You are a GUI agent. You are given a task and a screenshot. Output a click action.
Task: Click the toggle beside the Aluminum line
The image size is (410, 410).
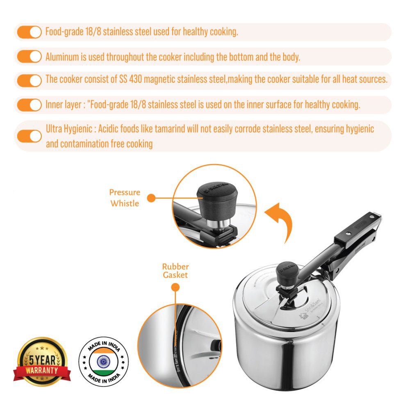[x=29, y=56]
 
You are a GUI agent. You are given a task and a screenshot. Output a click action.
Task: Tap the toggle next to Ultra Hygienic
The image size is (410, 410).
[x=29, y=136]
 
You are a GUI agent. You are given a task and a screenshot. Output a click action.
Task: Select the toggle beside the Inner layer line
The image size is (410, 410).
[x=29, y=105]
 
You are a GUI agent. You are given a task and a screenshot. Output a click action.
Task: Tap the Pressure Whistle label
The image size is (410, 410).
[x=125, y=198]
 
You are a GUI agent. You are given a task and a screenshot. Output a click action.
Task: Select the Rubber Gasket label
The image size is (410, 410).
[x=175, y=271]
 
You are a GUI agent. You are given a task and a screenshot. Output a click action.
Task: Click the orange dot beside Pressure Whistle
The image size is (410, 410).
[x=151, y=198]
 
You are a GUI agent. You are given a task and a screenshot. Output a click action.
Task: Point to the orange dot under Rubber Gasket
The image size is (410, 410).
[x=175, y=288]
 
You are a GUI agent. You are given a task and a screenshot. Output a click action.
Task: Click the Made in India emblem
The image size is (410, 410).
[x=104, y=362]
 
